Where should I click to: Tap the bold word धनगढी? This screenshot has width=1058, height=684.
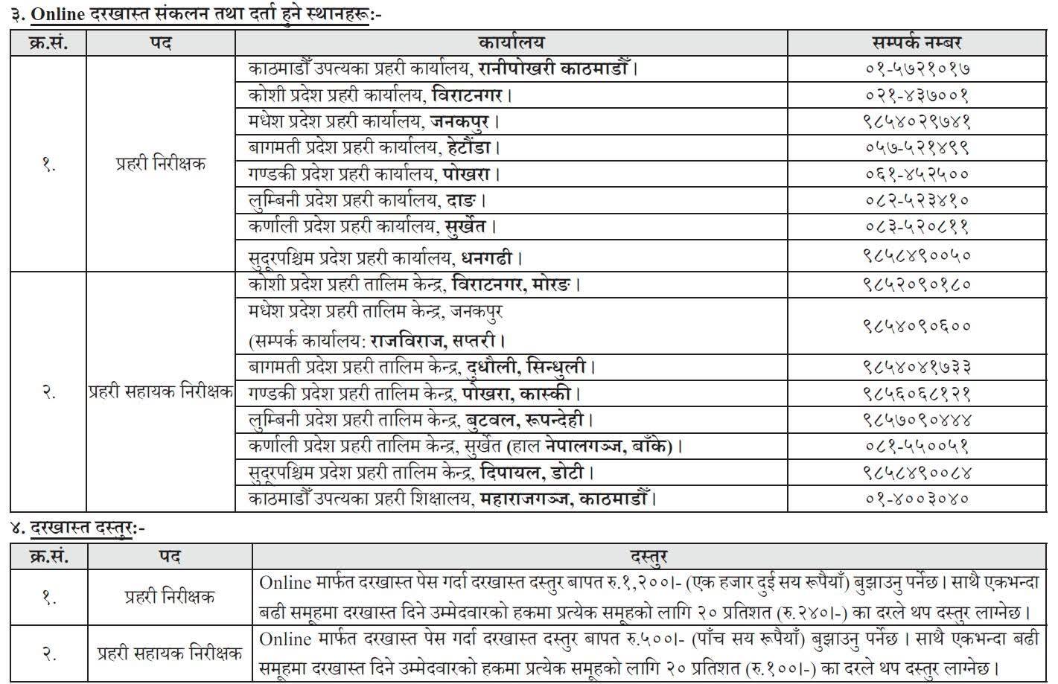(487, 258)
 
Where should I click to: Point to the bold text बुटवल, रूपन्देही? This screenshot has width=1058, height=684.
(526, 420)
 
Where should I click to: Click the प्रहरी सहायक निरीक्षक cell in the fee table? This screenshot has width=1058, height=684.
(170, 654)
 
